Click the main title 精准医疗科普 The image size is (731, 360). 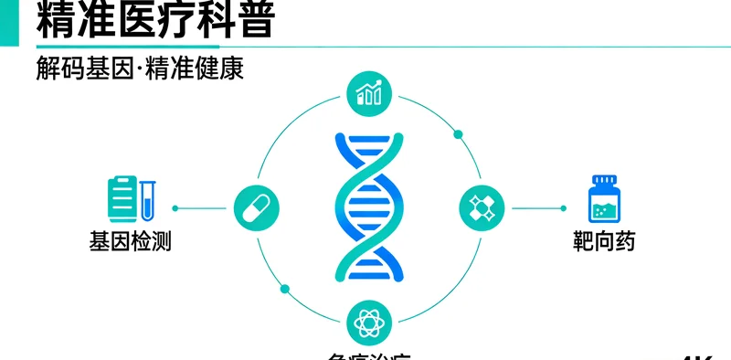155,21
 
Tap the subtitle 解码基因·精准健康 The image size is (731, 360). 140,69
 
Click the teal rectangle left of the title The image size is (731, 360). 10,22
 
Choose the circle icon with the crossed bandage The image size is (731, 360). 481,207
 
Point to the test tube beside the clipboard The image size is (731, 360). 148,200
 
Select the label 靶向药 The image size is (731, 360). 604,242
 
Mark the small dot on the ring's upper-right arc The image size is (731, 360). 459,134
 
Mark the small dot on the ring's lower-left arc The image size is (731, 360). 284,289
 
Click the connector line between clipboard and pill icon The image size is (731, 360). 202,208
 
